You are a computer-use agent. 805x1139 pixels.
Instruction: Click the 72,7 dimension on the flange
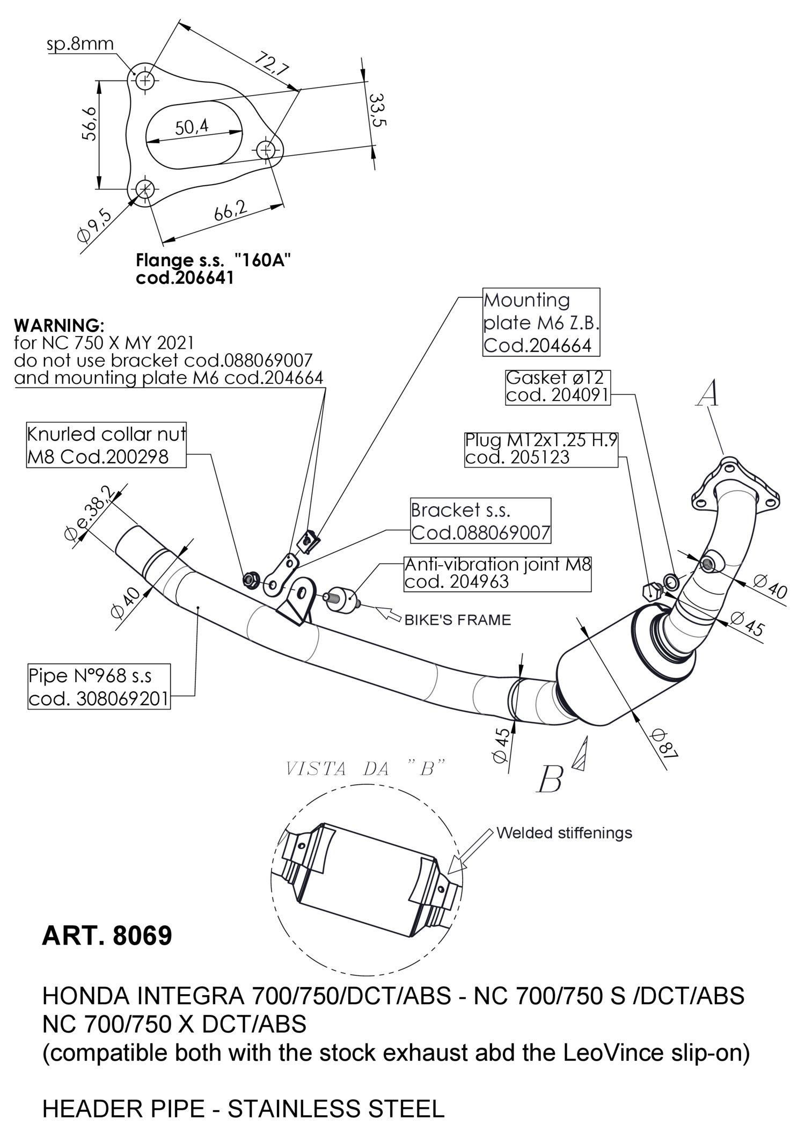coord(272,63)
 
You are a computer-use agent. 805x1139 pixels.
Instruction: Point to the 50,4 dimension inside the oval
coord(192,127)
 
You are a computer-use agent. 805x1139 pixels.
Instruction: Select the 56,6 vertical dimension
coord(90,123)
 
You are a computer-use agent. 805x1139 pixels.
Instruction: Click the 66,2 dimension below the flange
coord(231,210)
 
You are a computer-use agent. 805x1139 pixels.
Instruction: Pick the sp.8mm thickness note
coord(80,43)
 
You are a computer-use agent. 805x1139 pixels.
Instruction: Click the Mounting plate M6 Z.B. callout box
coord(541,322)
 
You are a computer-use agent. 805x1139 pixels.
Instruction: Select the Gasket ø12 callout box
coord(558,386)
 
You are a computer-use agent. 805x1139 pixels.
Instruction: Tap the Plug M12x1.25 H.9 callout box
coord(541,449)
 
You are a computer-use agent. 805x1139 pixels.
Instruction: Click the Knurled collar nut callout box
coord(106,445)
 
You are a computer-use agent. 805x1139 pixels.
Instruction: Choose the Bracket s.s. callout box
coord(480,521)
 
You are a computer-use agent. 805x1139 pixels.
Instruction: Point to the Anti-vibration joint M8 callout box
coord(497,574)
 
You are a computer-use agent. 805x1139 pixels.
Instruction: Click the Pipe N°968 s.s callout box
coord(99,687)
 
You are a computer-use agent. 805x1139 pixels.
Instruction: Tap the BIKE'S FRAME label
coord(457,620)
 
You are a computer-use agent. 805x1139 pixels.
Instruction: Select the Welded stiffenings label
coord(564,833)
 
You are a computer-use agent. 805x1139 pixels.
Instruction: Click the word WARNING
coord(59,325)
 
